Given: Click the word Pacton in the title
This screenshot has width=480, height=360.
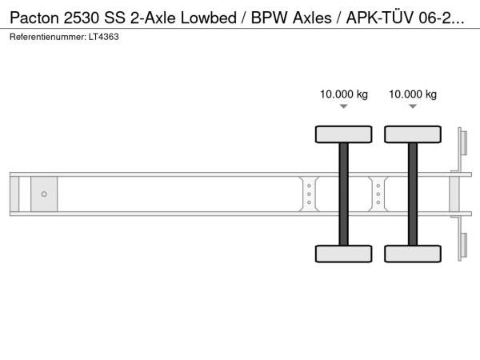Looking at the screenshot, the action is click(x=34, y=18).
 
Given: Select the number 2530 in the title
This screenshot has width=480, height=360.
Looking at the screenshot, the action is click(x=82, y=18).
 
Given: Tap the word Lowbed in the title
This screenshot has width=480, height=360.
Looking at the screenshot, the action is click(x=209, y=18).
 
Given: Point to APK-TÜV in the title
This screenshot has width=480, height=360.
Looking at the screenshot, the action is click(x=380, y=17).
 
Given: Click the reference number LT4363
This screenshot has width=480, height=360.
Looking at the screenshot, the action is click(x=104, y=37).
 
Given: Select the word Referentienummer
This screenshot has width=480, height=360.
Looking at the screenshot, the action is click(x=48, y=37).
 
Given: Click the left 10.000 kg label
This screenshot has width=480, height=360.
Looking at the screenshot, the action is click(x=344, y=94).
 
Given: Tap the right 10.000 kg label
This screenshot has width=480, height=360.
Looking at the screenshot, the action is click(x=413, y=94).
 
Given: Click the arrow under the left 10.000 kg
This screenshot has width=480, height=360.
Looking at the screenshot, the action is click(x=344, y=106).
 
